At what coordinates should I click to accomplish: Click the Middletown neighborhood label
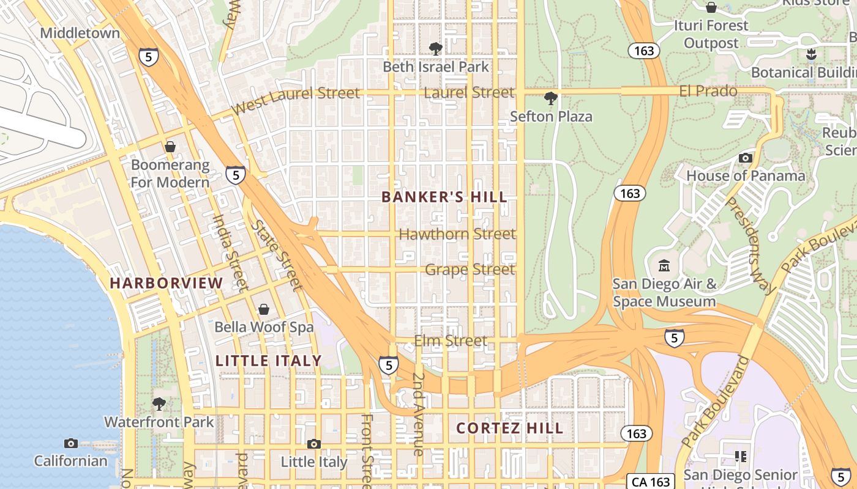pos(80,33)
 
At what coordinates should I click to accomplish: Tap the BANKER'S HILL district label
pos(444,197)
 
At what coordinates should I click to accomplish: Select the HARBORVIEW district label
pos(167,283)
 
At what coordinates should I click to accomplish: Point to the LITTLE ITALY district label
pos(269,361)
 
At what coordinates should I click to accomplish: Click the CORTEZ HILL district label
pos(510,428)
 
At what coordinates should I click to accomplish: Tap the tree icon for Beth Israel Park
pos(435,48)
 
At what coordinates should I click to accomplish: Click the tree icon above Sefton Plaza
pos(550,98)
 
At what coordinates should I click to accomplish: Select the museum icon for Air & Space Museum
pos(664,266)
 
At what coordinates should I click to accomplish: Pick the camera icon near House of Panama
pos(745,158)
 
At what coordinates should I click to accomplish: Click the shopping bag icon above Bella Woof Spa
pos(264,309)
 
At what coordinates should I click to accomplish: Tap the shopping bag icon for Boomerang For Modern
pos(170,147)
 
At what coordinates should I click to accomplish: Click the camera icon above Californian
pos(70,443)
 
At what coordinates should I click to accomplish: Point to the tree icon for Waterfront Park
pos(159,403)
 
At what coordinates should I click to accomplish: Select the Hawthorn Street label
pos(457,234)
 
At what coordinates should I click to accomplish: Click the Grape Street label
pos(470,270)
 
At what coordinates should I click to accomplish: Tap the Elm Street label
pos(451,340)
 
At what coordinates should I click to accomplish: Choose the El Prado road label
pos(708,91)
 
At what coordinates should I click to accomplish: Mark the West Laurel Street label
pos(296,100)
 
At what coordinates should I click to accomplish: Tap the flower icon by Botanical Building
pos(812,54)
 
